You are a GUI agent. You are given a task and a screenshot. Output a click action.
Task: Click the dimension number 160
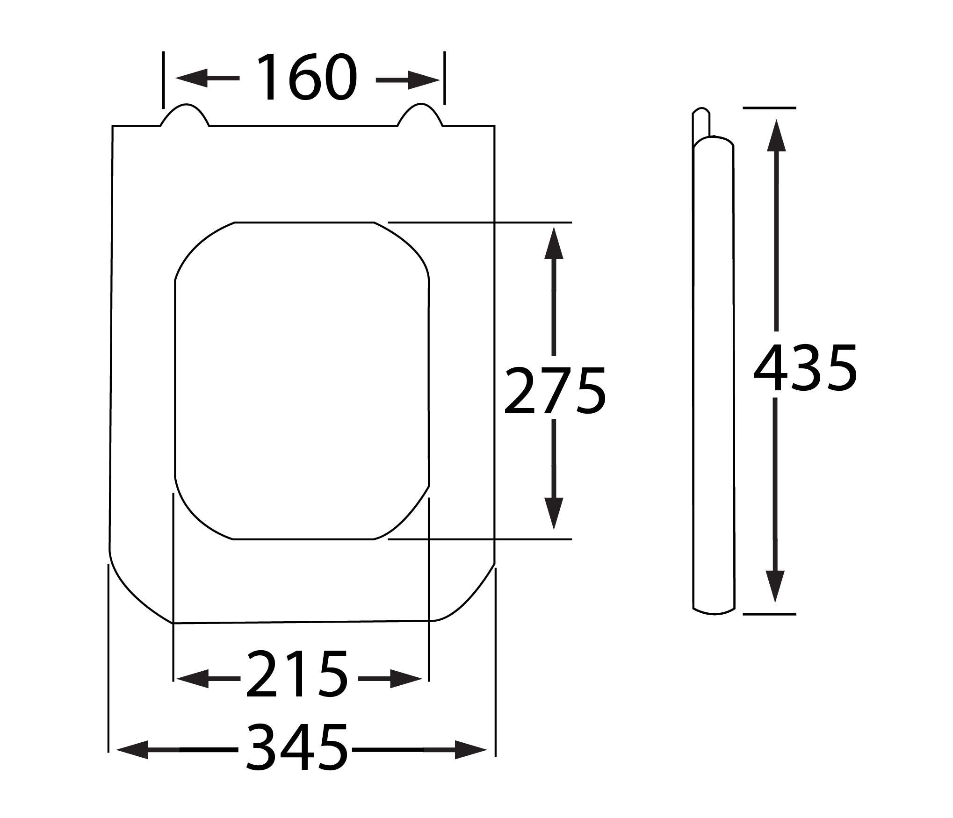[307, 77]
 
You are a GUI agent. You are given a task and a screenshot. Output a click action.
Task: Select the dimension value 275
[555, 391]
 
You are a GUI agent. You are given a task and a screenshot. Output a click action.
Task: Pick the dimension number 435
[805, 367]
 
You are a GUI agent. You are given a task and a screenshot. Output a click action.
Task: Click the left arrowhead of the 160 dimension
[192, 78]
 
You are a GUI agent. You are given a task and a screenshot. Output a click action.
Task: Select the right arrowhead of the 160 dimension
[424, 80]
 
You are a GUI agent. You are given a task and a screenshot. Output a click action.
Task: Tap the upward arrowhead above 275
[554, 243]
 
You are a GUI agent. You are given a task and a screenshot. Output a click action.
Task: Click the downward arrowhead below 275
[554, 514]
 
